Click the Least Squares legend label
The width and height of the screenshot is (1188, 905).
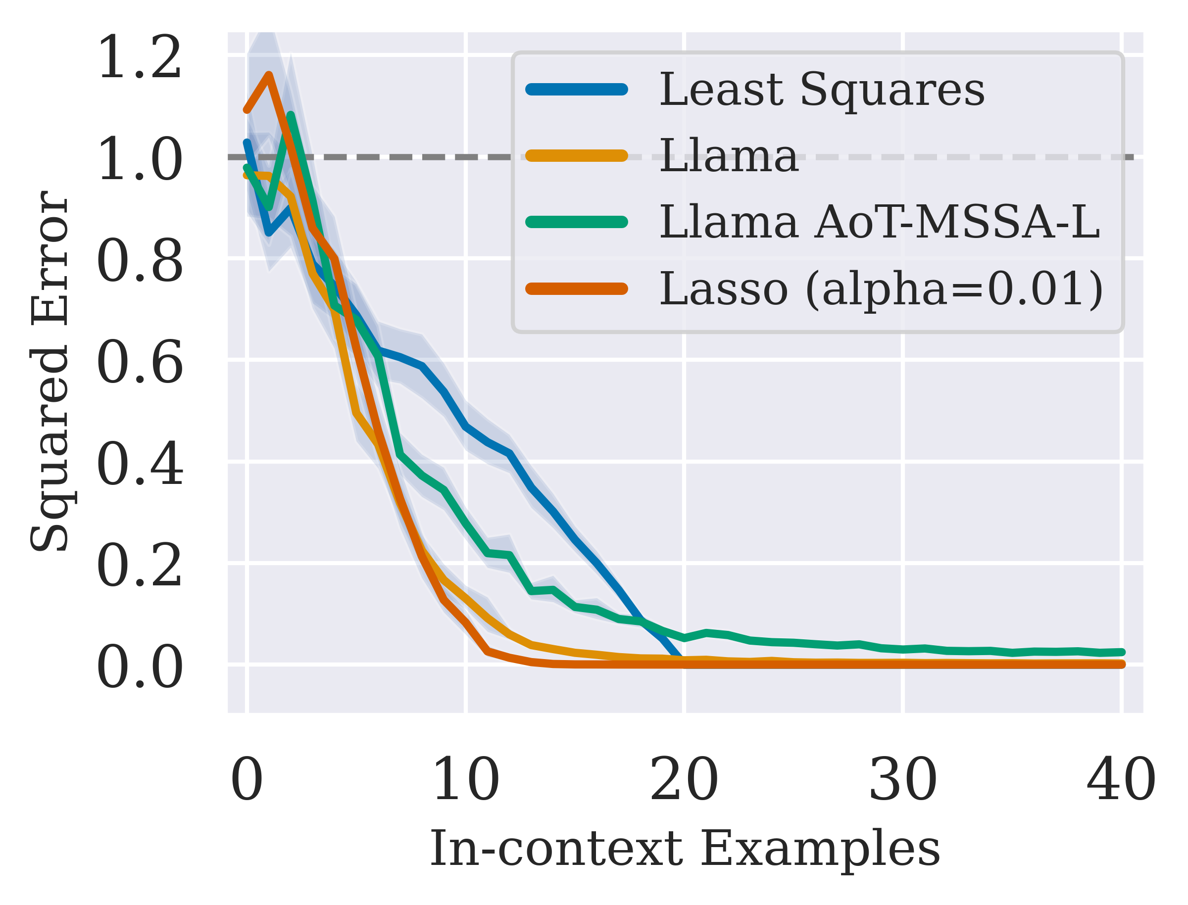pyautogui.click(x=822, y=90)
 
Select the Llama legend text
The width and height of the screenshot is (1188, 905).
pyautogui.click(x=729, y=156)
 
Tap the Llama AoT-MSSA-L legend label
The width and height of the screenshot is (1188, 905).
pyautogui.click(x=879, y=222)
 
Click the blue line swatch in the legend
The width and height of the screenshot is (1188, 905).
pyautogui.click(x=577, y=90)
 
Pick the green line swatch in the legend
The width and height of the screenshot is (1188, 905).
pyautogui.click(x=577, y=222)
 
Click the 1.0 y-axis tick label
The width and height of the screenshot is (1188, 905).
pyautogui.click(x=140, y=159)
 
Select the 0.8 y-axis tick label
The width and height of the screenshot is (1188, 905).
pyautogui.click(x=140, y=261)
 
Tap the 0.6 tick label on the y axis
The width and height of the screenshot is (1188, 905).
pyautogui.click(x=140, y=363)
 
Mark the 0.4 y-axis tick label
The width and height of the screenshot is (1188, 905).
pyautogui.click(x=140, y=464)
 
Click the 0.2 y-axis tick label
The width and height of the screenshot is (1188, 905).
pyautogui.click(x=140, y=566)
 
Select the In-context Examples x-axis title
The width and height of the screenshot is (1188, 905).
pyautogui.click(x=685, y=850)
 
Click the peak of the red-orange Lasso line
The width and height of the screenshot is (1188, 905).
pyautogui.click(x=269, y=75)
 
